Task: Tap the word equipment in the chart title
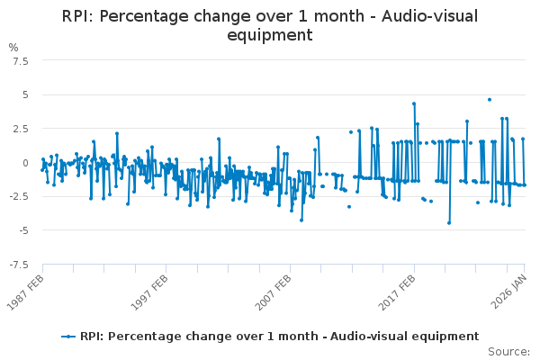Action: tap(269, 35)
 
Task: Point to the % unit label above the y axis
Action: tap(13, 47)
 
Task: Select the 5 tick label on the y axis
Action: tap(26, 94)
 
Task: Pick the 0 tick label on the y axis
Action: tap(26, 163)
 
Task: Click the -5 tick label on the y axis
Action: tap(24, 230)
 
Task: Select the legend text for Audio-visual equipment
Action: tap(279, 337)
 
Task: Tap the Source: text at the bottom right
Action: tap(508, 351)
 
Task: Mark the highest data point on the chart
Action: tap(490, 100)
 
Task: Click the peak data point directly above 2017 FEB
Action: tap(414, 103)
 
